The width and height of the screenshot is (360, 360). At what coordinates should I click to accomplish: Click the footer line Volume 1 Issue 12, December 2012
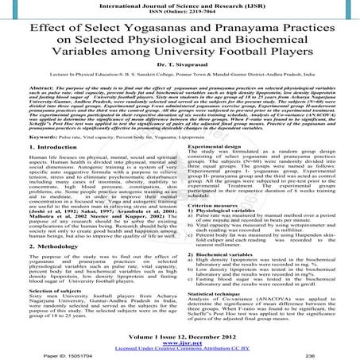[x=180, y=337]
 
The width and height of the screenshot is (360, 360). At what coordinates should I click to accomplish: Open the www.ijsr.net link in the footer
[x=180, y=343]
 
